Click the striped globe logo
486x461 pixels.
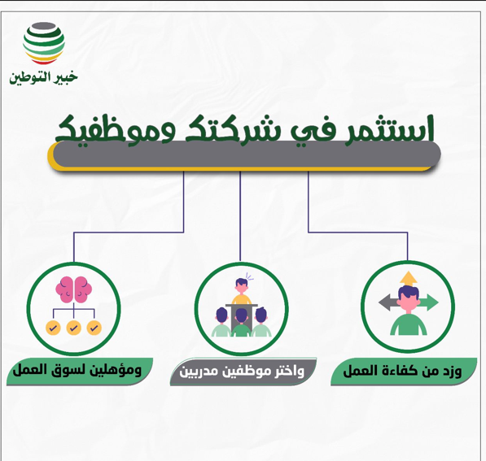(x=44, y=43)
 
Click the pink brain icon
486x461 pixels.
(x=73, y=291)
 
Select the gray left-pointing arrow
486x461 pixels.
(x=387, y=303)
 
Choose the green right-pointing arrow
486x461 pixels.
(x=430, y=303)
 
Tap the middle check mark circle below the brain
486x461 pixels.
(x=73, y=328)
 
